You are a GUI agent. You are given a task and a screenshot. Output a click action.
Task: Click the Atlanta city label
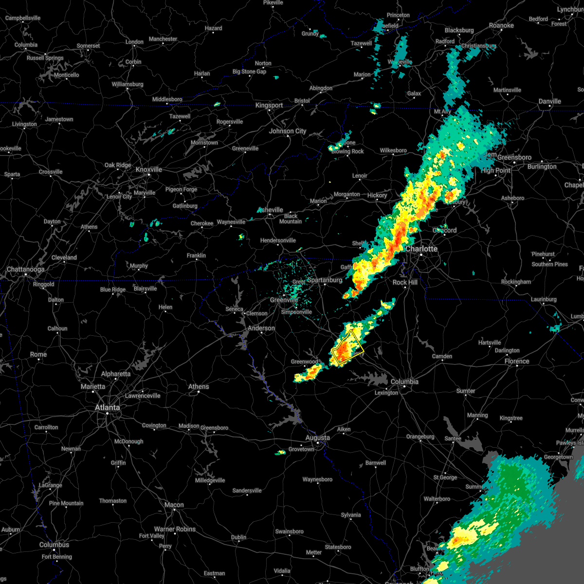(107, 407)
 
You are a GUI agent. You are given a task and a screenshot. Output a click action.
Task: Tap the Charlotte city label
(421, 249)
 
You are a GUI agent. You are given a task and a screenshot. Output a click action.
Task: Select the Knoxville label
(149, 169)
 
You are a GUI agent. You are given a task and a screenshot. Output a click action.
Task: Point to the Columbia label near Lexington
(404, 382)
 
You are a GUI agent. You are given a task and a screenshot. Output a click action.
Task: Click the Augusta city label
(317, 438)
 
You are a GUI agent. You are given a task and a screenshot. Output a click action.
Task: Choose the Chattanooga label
(25, 269)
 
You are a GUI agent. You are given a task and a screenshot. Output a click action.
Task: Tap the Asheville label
(271, 210)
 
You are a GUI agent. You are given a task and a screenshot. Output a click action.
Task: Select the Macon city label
(174, 505)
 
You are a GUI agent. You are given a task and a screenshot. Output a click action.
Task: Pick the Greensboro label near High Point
(514, 157)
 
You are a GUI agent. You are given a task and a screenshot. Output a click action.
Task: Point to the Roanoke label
(501, 25)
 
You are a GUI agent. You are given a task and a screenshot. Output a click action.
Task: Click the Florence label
(516, 361)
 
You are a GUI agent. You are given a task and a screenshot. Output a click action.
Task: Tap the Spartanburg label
(325, 280)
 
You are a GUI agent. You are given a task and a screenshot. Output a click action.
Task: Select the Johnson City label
(288, 131)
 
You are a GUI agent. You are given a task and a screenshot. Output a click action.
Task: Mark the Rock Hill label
(405, 282)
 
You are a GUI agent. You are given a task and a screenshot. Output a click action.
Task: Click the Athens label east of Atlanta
(199, 386)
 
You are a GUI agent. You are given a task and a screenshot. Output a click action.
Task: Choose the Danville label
(549, 101)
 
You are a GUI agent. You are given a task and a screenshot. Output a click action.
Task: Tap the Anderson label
(261, 328)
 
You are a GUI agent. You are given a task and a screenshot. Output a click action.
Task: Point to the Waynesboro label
(317, 479)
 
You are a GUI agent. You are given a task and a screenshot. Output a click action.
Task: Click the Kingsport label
(269, 105)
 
